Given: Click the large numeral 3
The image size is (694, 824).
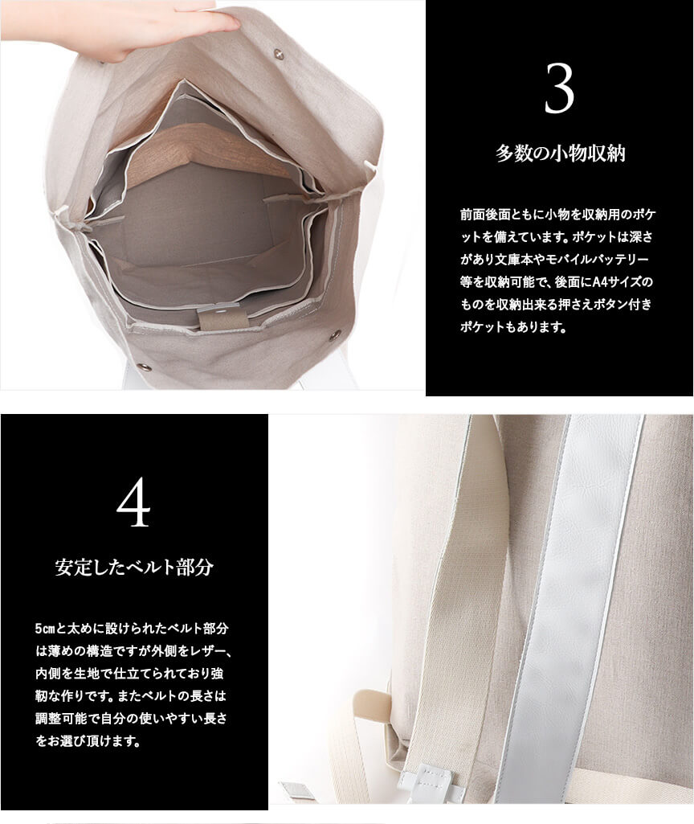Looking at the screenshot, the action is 560,88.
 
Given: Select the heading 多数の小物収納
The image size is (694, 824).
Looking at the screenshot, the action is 560,154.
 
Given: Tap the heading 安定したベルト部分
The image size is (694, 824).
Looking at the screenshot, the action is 134,567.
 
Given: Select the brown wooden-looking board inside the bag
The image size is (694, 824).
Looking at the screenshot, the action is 210,153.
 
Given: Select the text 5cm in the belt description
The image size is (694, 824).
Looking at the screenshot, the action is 45,629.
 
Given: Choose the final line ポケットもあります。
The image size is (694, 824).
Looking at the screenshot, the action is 513,327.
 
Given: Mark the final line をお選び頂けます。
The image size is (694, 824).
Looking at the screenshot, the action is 88,741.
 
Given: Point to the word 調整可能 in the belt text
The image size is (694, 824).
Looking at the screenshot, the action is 59,719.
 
